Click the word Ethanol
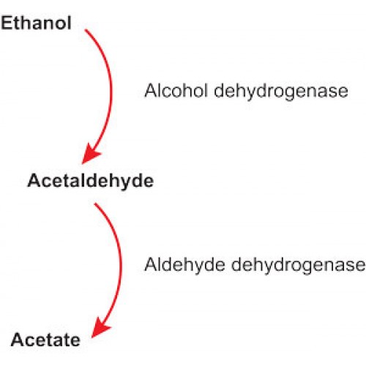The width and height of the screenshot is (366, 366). [36, 23]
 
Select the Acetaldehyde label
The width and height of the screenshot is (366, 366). [91, 181]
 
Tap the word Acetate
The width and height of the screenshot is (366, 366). [45, 340]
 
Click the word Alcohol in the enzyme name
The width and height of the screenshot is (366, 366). [176, 91]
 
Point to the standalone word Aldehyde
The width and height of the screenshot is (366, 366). [184, 264]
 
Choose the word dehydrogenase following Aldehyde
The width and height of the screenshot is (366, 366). [298, 266]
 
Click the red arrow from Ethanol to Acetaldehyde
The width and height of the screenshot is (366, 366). [111, 93]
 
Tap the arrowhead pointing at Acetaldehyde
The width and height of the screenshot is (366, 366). [89, 155]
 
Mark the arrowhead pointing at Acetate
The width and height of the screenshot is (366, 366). [100, 329]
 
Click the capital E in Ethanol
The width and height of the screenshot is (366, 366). [7, 23]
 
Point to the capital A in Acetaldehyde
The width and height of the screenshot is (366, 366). [36, 180]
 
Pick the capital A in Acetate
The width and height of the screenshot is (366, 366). [18, 340]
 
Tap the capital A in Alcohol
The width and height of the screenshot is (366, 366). [152, 91]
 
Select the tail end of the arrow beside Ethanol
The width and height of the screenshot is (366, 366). [85, 29]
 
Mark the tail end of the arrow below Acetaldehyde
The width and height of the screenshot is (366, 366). [95, 203]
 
